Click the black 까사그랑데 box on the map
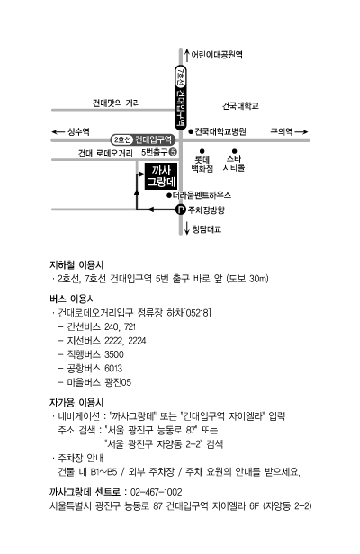(x=161, y=176)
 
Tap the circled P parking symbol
(x=181, y=210)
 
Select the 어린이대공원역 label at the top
(x=217, y=54)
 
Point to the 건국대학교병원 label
(x=220, y=131)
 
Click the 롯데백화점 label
(x=202, y=164)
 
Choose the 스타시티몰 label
(x=234, y=164)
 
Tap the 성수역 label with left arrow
(x=71, y=132)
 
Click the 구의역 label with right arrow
(x=289, y=132)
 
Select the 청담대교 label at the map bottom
(x=207, y=229)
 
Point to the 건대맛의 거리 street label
(x=116, y=103)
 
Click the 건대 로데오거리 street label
(x=105, y=153)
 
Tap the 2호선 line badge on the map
(x=122, y=140)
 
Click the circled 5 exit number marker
(x=173, y=152)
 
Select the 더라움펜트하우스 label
(x=202, y=195)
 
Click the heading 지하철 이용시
(x=76, y=265)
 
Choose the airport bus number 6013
(x=113, y=369)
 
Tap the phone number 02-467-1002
(x=157, y=492)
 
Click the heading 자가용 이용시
(x=76, y=402)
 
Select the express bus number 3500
(x=114, y=354)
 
